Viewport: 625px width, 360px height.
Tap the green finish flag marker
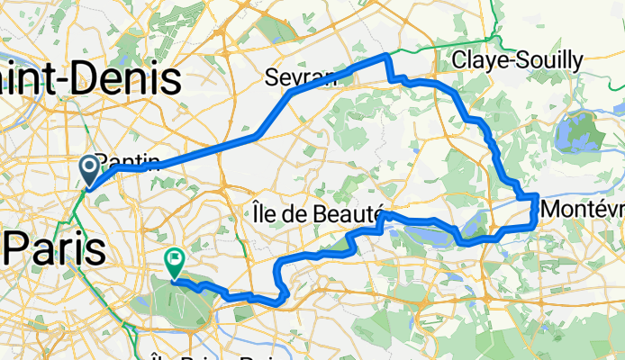pyautogui.click(x=172, y=262)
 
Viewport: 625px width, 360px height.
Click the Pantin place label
pyautogui.click(x=131, y=162)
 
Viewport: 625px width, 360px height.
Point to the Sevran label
pyautogui.click(x=300, y=78)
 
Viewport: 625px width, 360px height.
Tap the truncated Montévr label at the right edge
pyautogui.click(x=584, y=209)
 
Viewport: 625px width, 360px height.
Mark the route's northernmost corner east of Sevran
pyautogui.click(x=387, y=57)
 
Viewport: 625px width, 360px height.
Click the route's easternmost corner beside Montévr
pyautogui.click(x=537, y=195)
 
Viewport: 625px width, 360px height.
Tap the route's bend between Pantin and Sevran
pyautogui.click(x=258, y=135)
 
